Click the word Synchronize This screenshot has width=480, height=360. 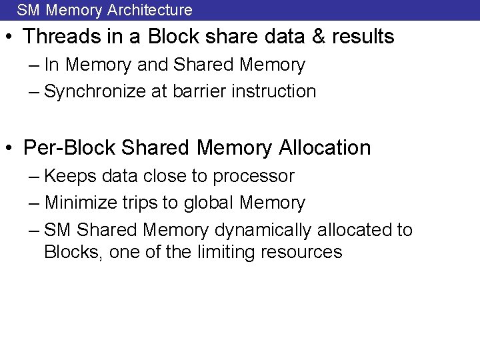point(93,91)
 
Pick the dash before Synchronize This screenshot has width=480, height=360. point(35,91)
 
